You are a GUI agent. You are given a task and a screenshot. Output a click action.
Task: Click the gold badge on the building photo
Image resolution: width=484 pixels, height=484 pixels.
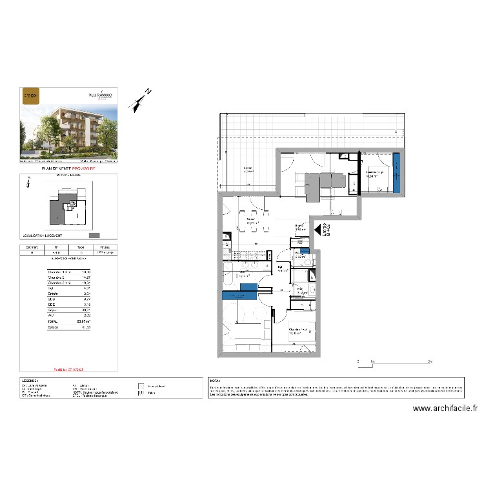coord(30,96)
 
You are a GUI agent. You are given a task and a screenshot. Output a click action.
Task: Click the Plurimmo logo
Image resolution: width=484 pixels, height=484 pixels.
coord(100,95)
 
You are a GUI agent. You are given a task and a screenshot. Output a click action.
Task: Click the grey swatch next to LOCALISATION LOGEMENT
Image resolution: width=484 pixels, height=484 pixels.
coord(94,236)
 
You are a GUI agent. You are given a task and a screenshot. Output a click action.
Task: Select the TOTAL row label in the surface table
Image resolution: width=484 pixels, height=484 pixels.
coord(54,321)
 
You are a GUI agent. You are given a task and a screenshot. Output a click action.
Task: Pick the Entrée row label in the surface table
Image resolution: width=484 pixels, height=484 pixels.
coord(53,292)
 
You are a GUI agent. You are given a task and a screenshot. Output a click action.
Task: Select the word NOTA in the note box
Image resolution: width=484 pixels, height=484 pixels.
coord(215,382)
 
